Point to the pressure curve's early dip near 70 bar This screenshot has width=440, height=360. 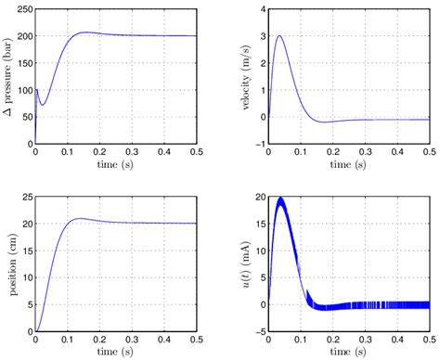tap(42, 104)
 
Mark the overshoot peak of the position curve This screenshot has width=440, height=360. tap(81, 219)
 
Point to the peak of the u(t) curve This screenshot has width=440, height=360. tap(281, 199)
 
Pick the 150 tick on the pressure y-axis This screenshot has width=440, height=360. tap(22, 63)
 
